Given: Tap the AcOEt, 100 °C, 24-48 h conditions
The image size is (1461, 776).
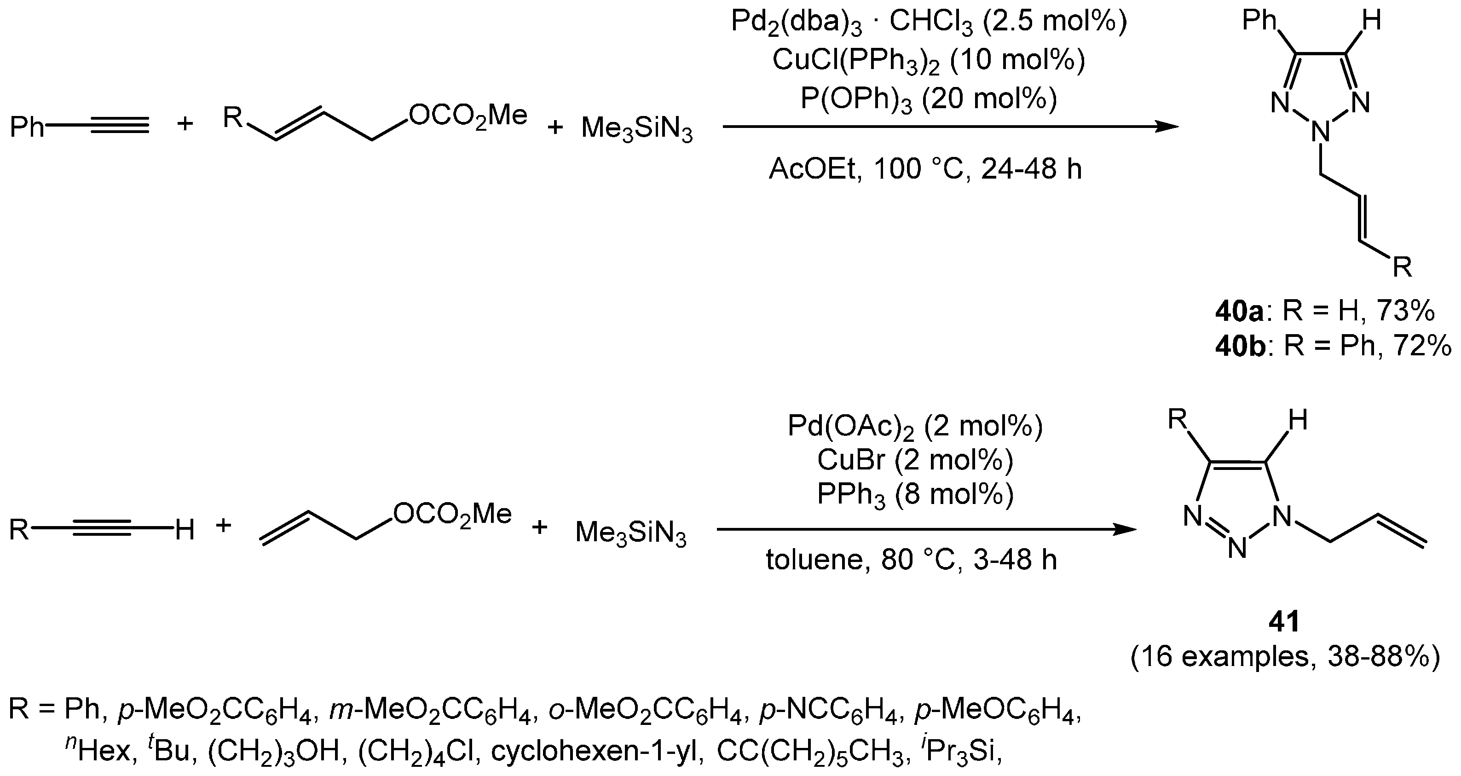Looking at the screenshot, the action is (925, 169).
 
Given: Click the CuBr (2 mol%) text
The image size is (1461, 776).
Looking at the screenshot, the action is (915, 460).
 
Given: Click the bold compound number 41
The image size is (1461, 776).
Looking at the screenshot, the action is (1284, 622).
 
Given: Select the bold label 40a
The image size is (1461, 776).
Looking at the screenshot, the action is (1240, 312).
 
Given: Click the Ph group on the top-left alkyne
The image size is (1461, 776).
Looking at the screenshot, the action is (27, 127).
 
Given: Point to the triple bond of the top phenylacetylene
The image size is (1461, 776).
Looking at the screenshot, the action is (119, 126).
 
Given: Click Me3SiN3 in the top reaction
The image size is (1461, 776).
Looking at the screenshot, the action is (636, 130).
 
